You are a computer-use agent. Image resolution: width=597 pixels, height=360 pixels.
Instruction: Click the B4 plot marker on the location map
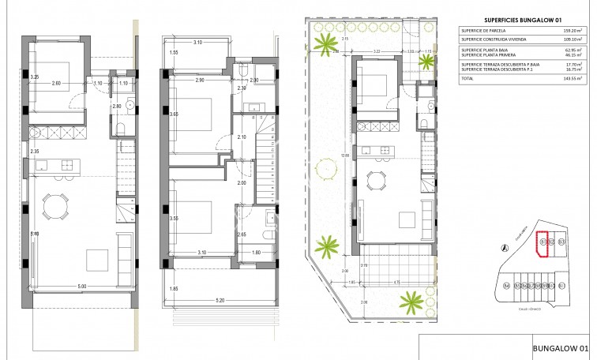(506, 286)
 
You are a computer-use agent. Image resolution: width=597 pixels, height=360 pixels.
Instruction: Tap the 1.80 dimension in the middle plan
(255, 253)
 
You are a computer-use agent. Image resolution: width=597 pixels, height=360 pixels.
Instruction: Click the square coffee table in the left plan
(97, 258)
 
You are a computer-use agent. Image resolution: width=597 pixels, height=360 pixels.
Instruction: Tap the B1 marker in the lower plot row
(561, 286)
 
